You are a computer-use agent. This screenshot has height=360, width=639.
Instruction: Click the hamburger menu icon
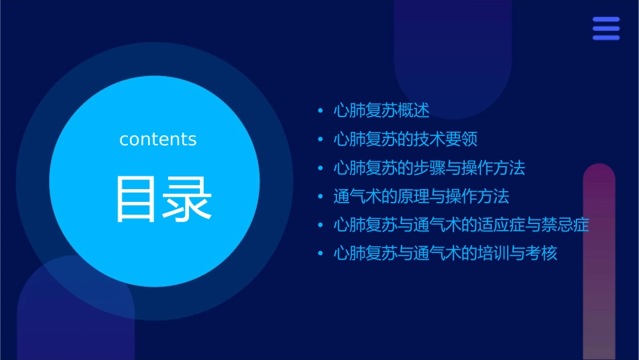(606, 28)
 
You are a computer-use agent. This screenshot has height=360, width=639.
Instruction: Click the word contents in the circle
(158, 139)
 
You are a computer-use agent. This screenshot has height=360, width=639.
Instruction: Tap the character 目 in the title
(137, 199)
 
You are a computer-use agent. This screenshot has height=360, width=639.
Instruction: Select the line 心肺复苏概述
(381, 110)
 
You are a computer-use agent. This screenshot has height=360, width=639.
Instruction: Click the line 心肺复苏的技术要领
(406, 139)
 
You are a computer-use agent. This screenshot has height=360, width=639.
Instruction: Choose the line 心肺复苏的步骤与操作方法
(429, 168)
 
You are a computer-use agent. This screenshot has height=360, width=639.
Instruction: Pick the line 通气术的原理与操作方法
(421, 196)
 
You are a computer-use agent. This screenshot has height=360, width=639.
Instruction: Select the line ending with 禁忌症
(461, 225)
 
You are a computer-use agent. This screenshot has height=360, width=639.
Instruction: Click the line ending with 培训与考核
(445, 254)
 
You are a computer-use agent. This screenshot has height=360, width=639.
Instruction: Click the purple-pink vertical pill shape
(599, 262)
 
